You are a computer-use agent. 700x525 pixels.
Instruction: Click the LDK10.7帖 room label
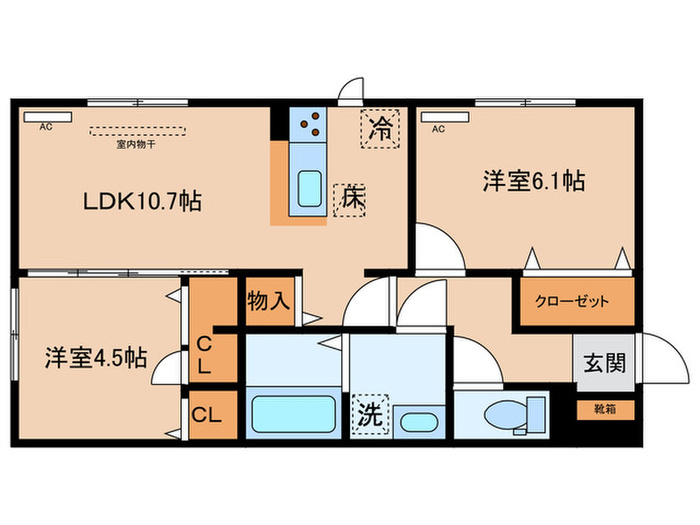click(x=142, y=201)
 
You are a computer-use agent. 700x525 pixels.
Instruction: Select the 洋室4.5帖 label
click(x=95, y=357)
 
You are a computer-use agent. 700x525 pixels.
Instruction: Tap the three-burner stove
click(x=311, y=124)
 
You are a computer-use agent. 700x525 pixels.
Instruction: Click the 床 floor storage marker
click(x=350, y=198)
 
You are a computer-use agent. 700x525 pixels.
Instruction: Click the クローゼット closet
click(x=576, y=301)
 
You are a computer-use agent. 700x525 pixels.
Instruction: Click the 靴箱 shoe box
click(x=604, y=408)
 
